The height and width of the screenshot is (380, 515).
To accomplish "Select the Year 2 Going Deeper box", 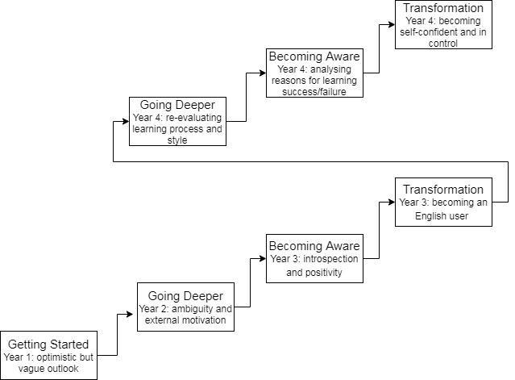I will [185, 307].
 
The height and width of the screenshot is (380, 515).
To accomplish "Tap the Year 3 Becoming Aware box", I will [314, 258].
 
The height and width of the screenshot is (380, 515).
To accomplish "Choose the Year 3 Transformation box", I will [443, 202].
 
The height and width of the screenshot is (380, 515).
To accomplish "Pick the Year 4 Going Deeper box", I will [177, 121].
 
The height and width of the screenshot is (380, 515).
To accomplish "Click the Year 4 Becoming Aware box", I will [314, 73].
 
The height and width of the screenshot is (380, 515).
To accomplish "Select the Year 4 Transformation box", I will [443, 24].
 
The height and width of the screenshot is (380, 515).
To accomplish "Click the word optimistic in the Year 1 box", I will [68, 357].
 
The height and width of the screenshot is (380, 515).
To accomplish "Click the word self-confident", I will [428, 33].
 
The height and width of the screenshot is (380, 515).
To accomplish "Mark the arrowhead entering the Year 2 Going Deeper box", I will [133, 315].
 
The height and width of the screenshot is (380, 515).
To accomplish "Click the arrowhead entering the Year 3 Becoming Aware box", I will [262, 258].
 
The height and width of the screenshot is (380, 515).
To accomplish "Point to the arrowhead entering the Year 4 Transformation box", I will [391, 24].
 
